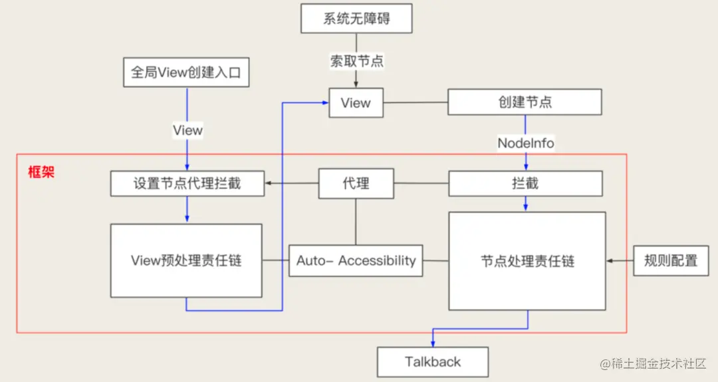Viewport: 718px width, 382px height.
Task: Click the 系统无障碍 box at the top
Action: tap(356, 18)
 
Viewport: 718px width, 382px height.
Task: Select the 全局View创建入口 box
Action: tap(186, 73)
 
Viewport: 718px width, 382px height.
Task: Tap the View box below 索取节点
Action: tap(356, 103)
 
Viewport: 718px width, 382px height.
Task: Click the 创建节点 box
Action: tap(525, 102)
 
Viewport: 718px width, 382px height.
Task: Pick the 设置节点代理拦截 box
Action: tap(187, 184)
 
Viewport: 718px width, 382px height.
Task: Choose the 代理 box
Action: tap(356, 184)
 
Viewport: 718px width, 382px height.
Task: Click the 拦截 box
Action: tap(525, 184)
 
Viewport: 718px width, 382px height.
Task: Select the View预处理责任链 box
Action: tap(186, 260)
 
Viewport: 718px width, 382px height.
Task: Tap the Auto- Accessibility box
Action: tap(356, 261)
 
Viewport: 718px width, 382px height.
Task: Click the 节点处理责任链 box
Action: tap(527, 261)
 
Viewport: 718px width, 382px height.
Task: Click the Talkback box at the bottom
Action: tap(433, 362)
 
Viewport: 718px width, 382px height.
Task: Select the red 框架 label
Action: tap(41, 172)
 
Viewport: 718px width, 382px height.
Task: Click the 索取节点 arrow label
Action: tap(357, 61)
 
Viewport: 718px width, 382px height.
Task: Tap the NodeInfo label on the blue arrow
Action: tap(525, 143)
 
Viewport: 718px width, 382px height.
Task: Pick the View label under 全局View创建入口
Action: tap(187, 130)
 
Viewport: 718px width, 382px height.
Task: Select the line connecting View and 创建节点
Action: tap(416, 103)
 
